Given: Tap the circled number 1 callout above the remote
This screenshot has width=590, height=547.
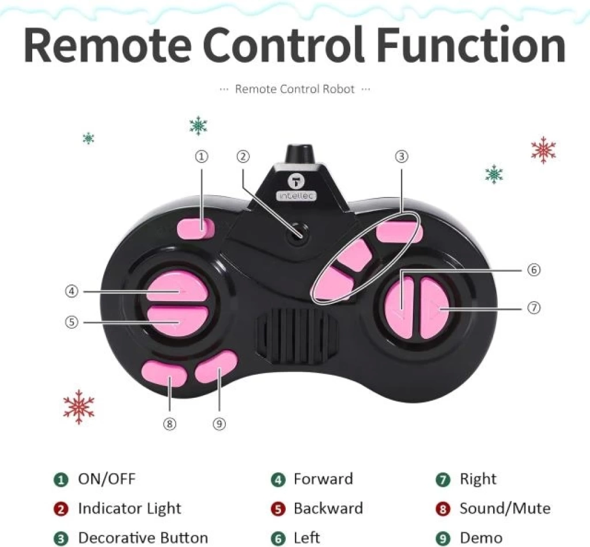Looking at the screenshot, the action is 202,157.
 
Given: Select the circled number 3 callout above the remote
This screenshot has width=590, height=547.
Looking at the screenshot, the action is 402,157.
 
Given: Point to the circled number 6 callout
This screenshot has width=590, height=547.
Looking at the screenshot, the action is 534,269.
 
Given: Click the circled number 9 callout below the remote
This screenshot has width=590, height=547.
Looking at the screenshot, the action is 220,424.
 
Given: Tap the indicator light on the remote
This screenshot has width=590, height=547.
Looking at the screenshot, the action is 297,234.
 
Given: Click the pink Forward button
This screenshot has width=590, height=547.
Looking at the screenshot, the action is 176,287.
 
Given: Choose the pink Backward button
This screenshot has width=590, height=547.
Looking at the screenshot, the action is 177,321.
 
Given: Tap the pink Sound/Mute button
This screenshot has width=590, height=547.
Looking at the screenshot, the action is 164,373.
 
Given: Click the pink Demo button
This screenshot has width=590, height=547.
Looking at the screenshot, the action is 217,367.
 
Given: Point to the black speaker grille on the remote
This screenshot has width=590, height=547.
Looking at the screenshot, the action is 297,335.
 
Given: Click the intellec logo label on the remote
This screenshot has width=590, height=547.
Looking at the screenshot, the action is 297,196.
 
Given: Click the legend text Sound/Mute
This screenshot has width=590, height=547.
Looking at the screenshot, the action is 505,508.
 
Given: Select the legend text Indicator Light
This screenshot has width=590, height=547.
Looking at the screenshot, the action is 130,508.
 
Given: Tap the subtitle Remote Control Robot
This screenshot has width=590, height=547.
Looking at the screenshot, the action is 294,89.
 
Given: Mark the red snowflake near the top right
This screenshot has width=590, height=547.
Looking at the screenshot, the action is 543,150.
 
